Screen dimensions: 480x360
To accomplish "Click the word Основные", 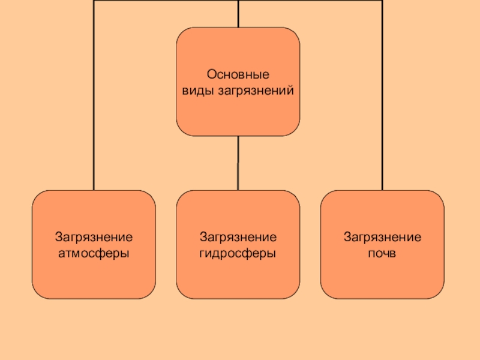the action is coord(238,76).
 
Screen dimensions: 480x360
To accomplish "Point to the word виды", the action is coord(194,91).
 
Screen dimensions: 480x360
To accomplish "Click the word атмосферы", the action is coord(94,254).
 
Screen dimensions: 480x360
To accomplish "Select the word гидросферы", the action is coord(238,254).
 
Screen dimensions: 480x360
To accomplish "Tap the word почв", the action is coord(382,254).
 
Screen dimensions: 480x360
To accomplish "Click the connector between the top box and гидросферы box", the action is coord(238,163).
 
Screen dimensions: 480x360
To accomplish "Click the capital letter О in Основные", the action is coord(211,76).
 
